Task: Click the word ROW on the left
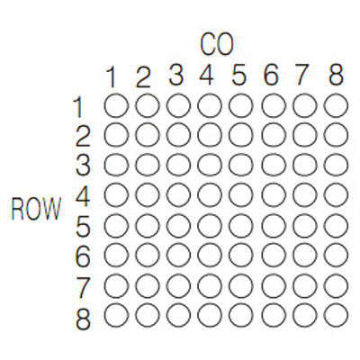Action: (x=36, y=209)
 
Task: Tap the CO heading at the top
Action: (x=216, y=45)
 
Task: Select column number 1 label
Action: (x=112, y=77)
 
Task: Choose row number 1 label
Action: (x=78, y=107)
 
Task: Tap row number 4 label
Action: (x=82, y=197)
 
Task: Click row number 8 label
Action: (x=83, y=319)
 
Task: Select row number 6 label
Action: (x=83, y=257)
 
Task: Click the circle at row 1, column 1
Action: (x=116, y=105)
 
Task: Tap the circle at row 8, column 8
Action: (x=337, y=315)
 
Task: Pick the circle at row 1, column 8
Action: (x=337, y=105)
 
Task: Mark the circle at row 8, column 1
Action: (x=116, y=315)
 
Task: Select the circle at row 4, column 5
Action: (x=241, y=195)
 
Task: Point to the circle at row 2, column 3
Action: (x=179, y=135)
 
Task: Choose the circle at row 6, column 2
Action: (x=148, y=256)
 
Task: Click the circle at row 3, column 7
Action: (x=305, y=166)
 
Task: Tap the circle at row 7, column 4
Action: (x=210, y=286)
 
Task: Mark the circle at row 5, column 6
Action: (x=274, y=226)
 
